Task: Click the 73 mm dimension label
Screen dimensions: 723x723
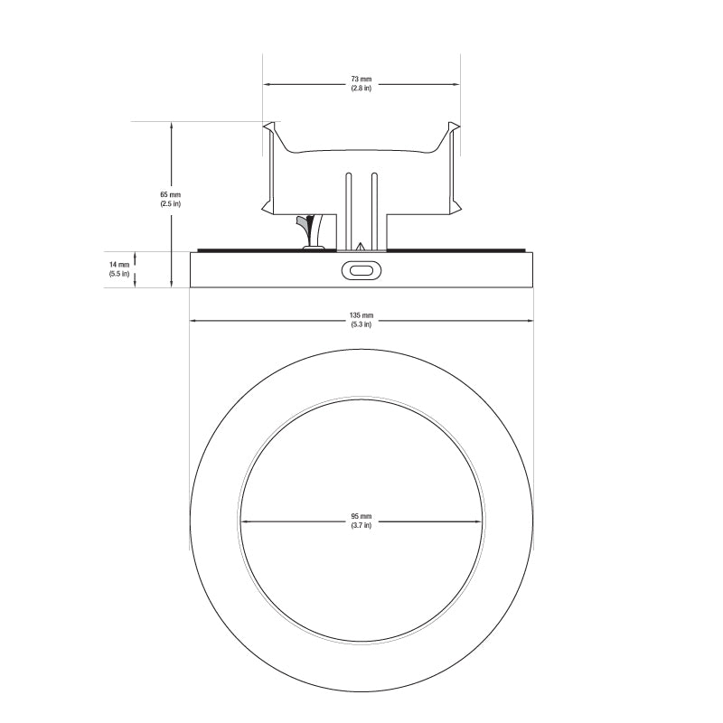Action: coord(361,80)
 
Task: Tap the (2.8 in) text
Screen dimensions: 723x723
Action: coord(361,88)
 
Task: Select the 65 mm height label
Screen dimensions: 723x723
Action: coord(171,194)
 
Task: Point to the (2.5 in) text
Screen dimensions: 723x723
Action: coord(171,203)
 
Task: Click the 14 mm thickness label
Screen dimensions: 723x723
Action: coord(119,265)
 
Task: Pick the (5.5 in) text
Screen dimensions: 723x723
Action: coord(119,274)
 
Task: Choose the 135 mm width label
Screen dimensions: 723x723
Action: coord(361,315)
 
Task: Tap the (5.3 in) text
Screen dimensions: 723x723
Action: coord(361,324)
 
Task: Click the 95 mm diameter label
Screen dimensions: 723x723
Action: coord(361,516)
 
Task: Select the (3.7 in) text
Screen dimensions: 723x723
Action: coord(361,525)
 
